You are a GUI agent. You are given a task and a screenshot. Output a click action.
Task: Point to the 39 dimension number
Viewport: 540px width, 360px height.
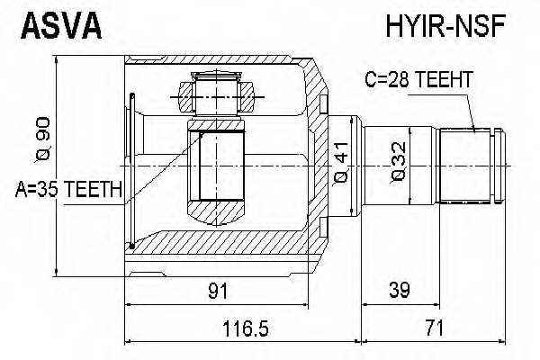coord(398,290)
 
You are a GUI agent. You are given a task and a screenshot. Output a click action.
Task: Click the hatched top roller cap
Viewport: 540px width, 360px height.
coord(215,92)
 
